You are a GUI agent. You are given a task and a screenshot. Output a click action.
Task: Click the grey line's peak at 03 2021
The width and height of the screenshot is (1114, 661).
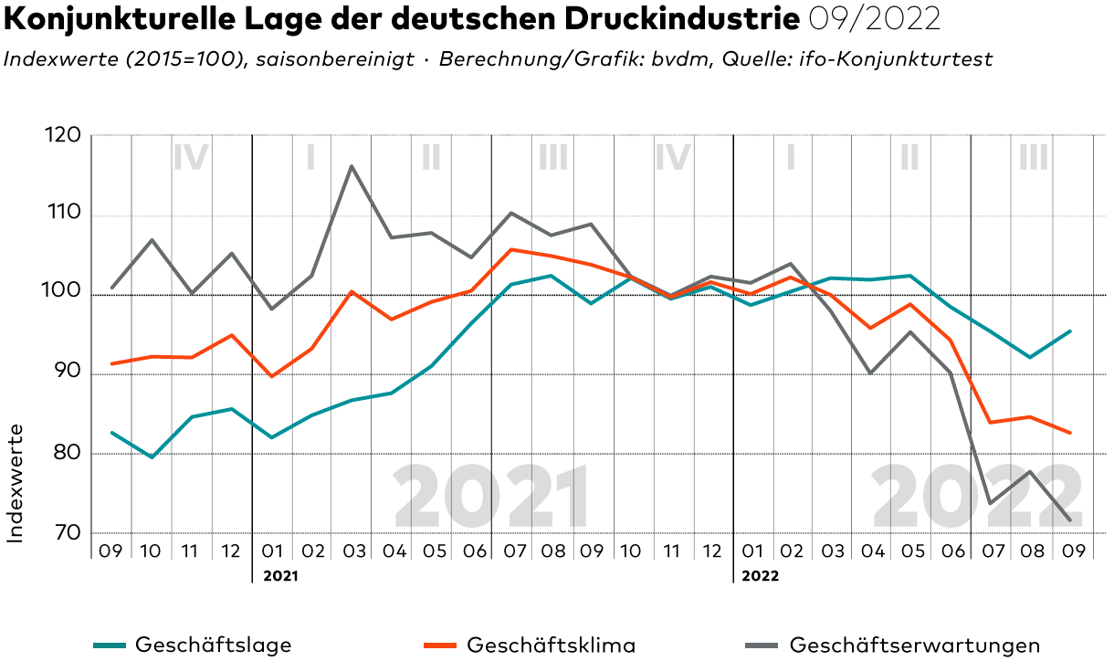tap(352, 166)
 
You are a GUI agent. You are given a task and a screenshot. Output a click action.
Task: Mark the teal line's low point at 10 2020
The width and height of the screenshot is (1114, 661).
tap(152, 456)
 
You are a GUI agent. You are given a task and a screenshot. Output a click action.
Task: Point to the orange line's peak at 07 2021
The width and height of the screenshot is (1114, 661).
tap(511, 249)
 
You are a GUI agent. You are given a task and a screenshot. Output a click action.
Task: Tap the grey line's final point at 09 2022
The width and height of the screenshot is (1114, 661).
tap(1070, 520)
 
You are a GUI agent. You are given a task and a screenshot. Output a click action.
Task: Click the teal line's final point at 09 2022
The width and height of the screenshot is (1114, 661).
tap(1070, 331)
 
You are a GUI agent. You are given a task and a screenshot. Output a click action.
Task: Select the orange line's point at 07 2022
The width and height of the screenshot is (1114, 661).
tap(990, 423)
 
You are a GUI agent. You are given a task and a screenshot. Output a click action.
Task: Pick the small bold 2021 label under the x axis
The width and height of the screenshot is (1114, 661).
tap(280, 577)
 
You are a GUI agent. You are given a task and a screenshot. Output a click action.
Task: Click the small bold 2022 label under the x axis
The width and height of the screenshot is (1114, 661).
tap(760, 577)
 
